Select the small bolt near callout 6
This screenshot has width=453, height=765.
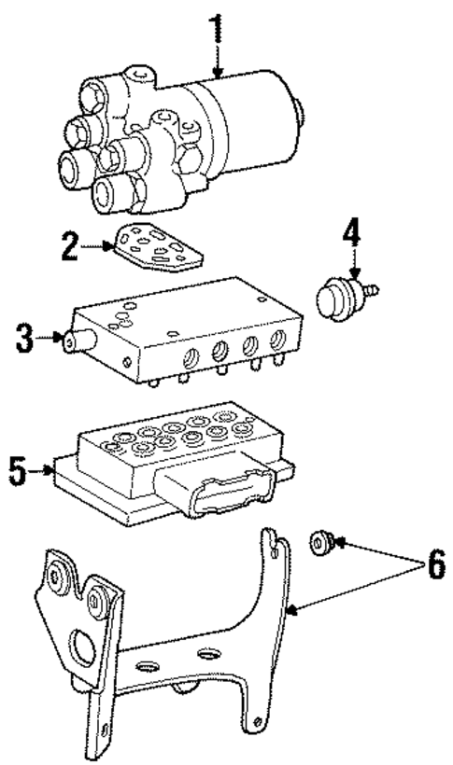tap(321, 541)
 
